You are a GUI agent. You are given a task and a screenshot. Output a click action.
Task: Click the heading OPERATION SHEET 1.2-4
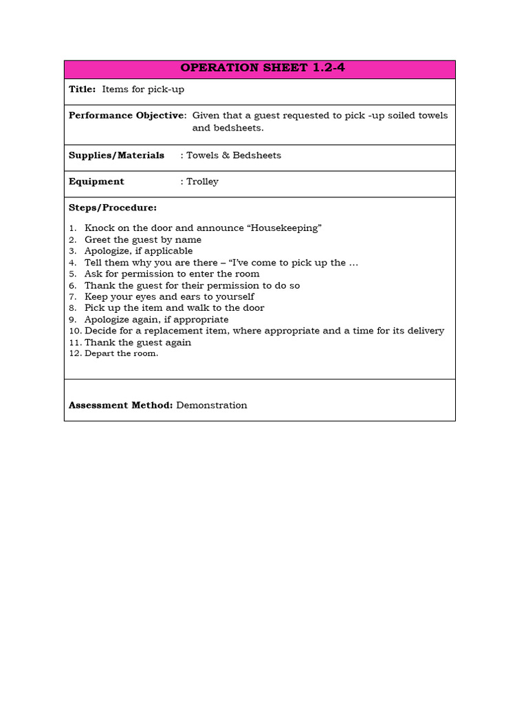pyautogui.click(x=259, y=68)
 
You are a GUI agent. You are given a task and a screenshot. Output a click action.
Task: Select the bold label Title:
pyautogui.click(x=82, y=89)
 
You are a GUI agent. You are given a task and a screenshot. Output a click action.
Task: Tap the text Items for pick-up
pyautogui.click(x=143, y=89)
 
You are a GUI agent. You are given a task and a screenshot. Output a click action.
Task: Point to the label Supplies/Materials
pyautogui.click(x=116, y=155)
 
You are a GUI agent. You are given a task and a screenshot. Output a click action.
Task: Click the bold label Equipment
pyautogui.click(x=96, y=181)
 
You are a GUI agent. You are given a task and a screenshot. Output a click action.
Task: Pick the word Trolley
pyautogui.click(x=202, y=181)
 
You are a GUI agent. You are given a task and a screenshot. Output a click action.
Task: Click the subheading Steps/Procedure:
pyautogui.click(x=113, y=208)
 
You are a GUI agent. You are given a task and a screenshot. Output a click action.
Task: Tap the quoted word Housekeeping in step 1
pyautogui.click(x=289, y=228)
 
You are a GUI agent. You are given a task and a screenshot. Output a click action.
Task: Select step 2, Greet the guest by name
pyautogui.click(x=142, y=240)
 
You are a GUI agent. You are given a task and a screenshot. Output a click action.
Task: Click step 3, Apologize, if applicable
pyautogui.click(x=138, y=251)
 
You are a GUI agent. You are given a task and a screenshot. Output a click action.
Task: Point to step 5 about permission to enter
pyautogui.click(x=172, y=274)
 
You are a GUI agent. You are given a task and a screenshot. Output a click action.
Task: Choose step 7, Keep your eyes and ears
pyautogui.click(x=169, y=296)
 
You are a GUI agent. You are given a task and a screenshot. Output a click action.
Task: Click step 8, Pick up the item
pyautogui.click(x=174, y=308)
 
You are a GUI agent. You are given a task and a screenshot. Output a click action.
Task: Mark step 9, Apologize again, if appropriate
pyautogui.click(x=156, y=320)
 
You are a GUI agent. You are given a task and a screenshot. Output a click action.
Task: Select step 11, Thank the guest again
pyautogui.click(x=137, y=342)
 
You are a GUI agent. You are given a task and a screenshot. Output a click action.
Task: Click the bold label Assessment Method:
pyautogui.click(x=120, y=406)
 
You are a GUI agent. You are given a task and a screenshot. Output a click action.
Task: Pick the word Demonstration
pyautogui.click(x=212, y=406)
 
